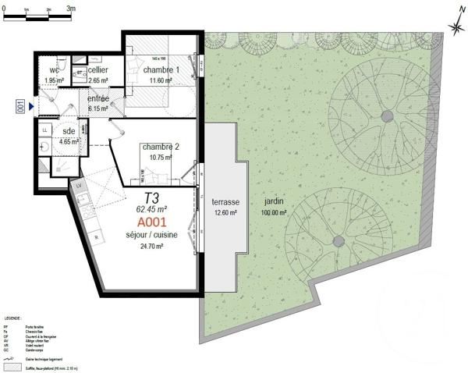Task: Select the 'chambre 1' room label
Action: pyautogui.click(x=162, y=70)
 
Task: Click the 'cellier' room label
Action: pyautogui.click(x=98, y=70)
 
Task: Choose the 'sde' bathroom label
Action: pyautogui.click(x=68, y=131)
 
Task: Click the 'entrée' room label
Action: pyautogui.click(x=98, y=99)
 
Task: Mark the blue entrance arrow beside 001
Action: pyautogui.click(x=30, y=106)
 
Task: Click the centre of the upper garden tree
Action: pyautogui.click(x=387, y=115)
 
